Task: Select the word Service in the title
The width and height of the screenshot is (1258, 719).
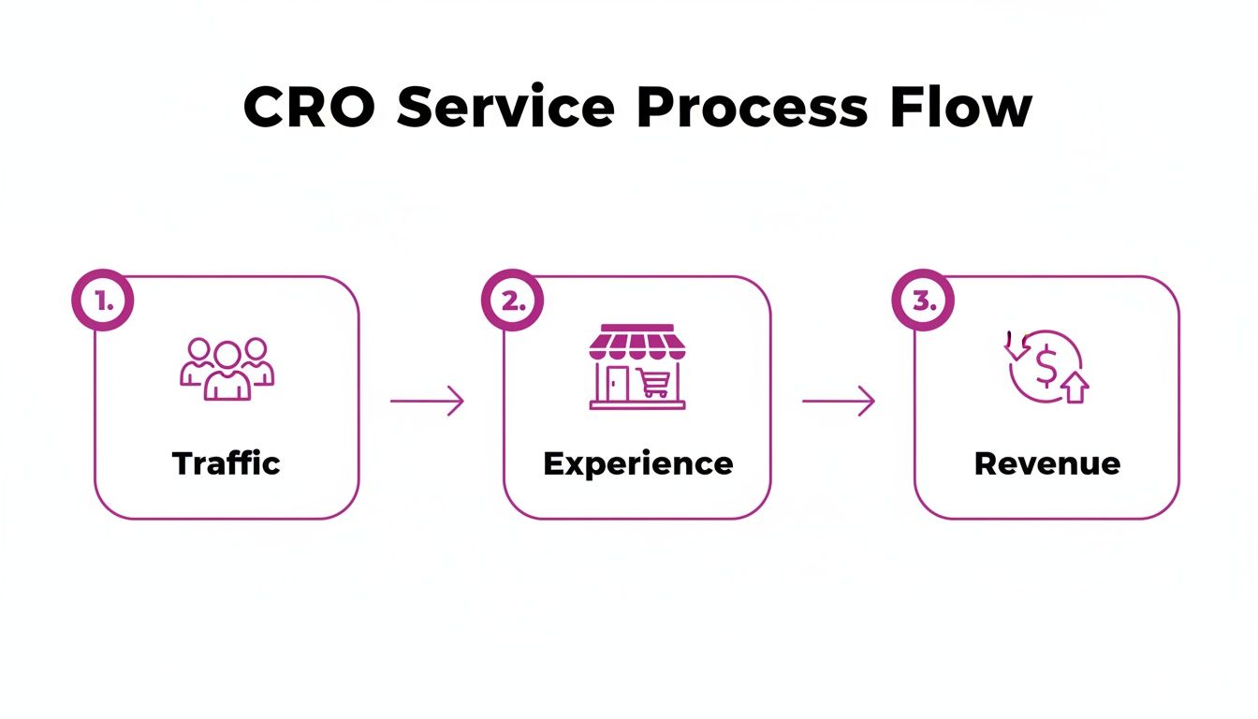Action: pyautogui.click(x=505, y=108)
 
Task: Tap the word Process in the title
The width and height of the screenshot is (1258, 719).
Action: pyautogui.click(x=752, y=108)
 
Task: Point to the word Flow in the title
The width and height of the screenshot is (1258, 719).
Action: pyautogui.click(x=961, y=108)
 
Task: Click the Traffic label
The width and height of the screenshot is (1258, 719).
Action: pyautogui.click(x=227, y=463)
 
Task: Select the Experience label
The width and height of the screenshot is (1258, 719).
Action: pyautogui.click(x=637, y=463)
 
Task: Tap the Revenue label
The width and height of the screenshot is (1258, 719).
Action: pyautogui.click(x=1046, y=463)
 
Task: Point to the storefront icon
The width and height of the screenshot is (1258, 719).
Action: pyautogui.click(x=637, y=367)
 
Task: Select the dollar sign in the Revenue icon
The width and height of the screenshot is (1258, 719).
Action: pyautogui.click(x=1046, y=367)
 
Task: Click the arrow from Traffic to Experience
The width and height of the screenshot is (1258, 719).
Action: pyautogui.click(x=427, y=402)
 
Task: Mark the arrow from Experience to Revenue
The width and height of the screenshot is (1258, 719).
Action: pyautogui.click(x=839, y=402)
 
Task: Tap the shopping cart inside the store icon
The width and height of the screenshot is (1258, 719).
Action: pyautogui.click(x=654, y=383)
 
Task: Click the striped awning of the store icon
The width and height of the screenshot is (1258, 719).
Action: pyautogui.click(x=637, y=343)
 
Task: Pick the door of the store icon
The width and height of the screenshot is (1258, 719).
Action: pyautogui.click(x=619, y=383)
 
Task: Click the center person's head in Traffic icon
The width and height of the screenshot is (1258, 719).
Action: pyautogui.click(x=227, y=354)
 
